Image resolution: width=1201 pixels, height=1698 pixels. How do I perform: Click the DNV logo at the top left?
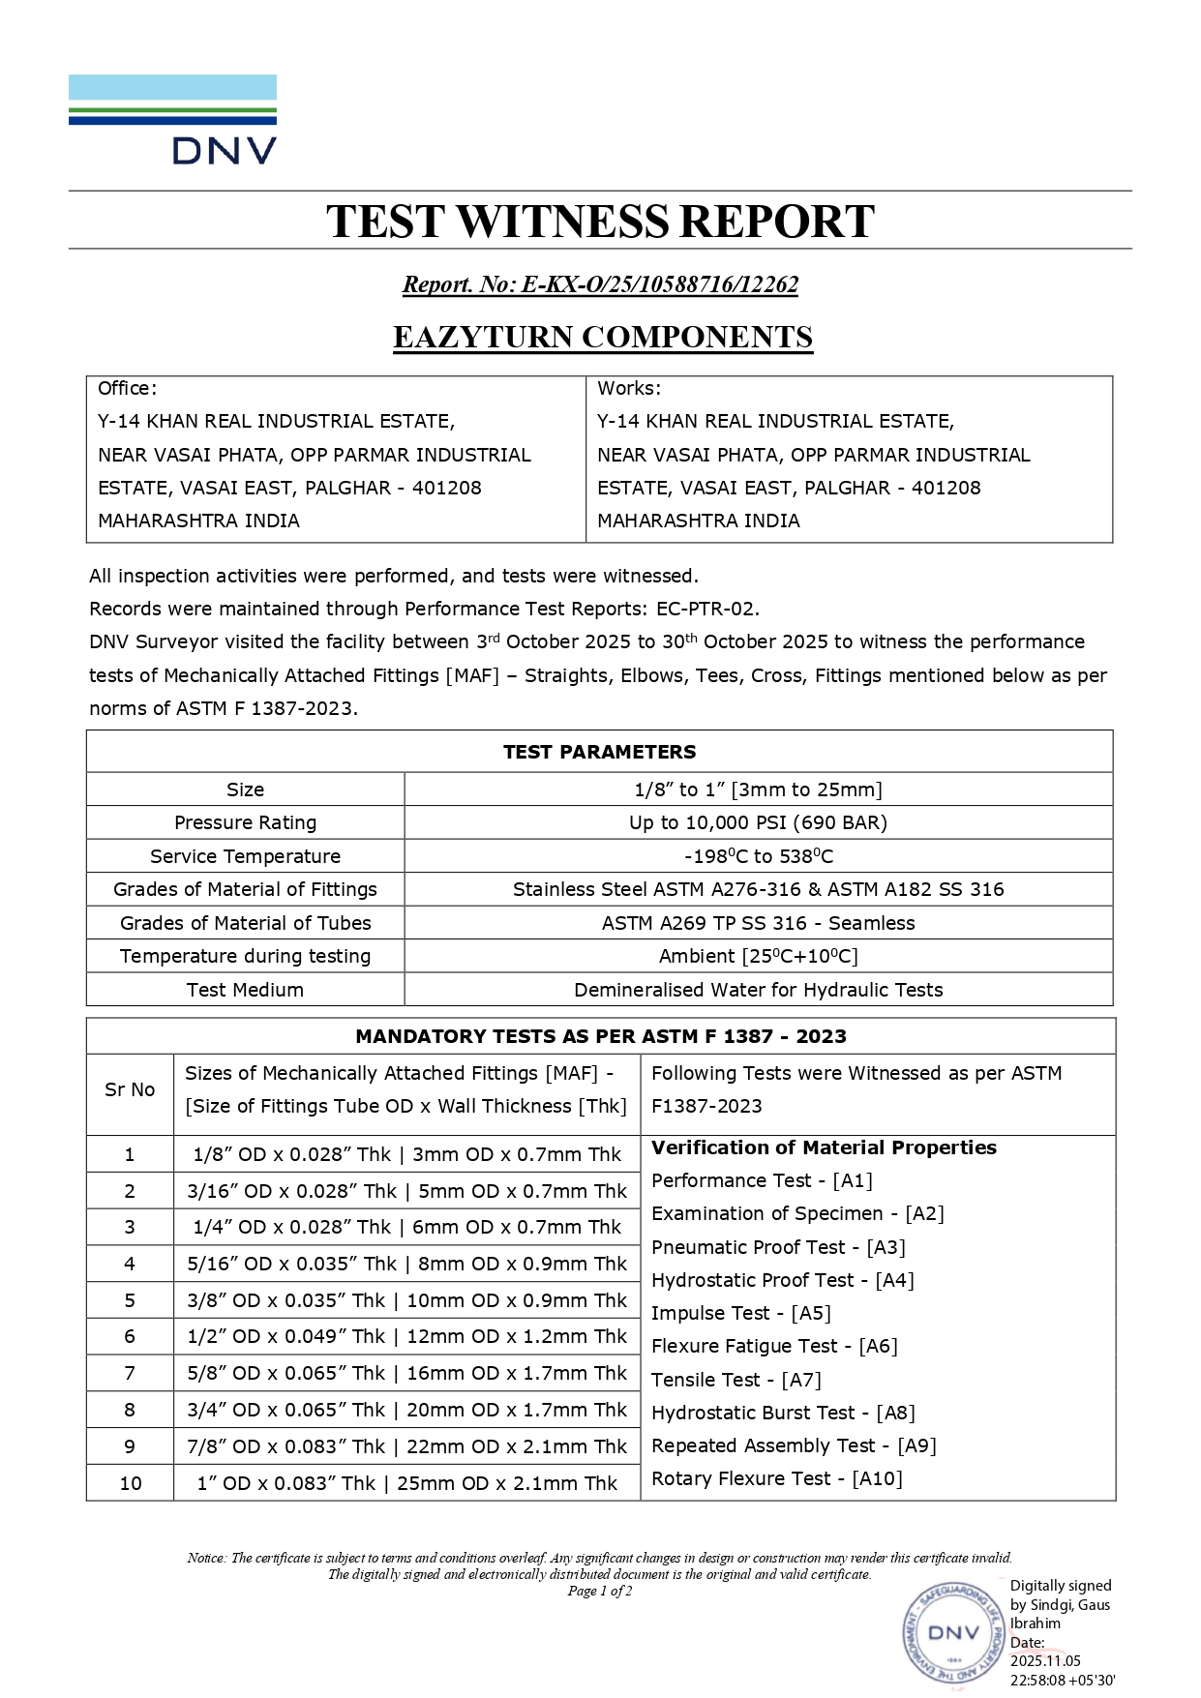tap(172, 119)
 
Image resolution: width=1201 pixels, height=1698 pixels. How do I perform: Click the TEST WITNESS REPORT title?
tap(600, 222)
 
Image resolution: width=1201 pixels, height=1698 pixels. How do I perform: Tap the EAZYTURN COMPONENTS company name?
tap(602, 337)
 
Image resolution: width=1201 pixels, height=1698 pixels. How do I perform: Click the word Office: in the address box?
tap(127, 389)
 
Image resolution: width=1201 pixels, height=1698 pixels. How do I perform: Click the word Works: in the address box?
tap(629, 389)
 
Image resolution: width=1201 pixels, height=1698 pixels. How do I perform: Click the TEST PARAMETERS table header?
tap(599, 752)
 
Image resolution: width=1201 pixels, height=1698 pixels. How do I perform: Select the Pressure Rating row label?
tap(245, 822)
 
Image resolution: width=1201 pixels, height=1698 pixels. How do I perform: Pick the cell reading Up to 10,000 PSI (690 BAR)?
tap(758, 822)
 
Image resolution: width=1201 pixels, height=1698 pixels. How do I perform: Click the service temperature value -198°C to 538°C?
tap(758, 856)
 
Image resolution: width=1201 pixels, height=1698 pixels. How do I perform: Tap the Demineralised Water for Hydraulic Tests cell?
tap(758, 990)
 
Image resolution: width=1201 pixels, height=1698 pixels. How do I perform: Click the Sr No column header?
tap(130, 1090)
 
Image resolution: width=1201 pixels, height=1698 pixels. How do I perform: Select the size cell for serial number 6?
tap(406, 1337)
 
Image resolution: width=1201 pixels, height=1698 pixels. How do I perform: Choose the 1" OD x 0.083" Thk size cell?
tap(406, 1483)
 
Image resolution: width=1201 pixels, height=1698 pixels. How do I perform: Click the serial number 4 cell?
tap(130, 1264)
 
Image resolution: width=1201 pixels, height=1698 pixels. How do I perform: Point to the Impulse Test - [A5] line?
tap(740, 1313)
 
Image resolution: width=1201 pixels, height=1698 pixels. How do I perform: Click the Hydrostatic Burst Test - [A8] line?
tap(783, 1413)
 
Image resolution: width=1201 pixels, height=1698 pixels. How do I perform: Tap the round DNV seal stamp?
tap(954, 1633)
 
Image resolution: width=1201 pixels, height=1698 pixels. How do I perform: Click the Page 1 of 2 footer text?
tap(600, 1592)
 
